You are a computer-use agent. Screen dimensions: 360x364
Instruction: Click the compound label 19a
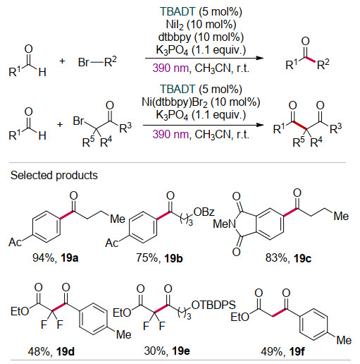click(x=70, y=258)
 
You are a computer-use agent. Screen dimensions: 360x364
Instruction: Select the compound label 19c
click(x=302, y=258)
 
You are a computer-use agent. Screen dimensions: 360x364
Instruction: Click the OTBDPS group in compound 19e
click(x=213, y=305)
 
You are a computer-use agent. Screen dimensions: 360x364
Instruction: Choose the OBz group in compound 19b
click(x=204, y=212)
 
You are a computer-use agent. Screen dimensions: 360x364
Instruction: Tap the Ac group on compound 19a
click(x=15, y=242)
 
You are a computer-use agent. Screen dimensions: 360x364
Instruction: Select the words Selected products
click(x=54, y=176)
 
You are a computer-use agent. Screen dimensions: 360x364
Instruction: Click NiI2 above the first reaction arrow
click(x=175, y=25)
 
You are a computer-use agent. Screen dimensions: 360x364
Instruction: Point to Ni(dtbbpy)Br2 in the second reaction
click(x=175, y=102)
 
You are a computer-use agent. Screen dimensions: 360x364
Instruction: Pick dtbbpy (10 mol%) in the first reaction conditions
click(x=201, y=37)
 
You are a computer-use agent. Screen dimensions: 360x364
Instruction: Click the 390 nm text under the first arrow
click(x=170, y=68)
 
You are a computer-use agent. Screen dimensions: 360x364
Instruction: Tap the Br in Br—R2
click(x=84, y=62)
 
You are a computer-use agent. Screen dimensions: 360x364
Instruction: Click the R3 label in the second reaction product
click(x=336, y=128)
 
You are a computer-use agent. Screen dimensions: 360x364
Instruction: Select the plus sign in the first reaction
click(x=62, y=61)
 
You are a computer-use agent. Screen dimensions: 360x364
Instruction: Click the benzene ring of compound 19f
click(x=314, y=324)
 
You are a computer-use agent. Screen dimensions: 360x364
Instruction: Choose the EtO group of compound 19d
click(x=20, y=312)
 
